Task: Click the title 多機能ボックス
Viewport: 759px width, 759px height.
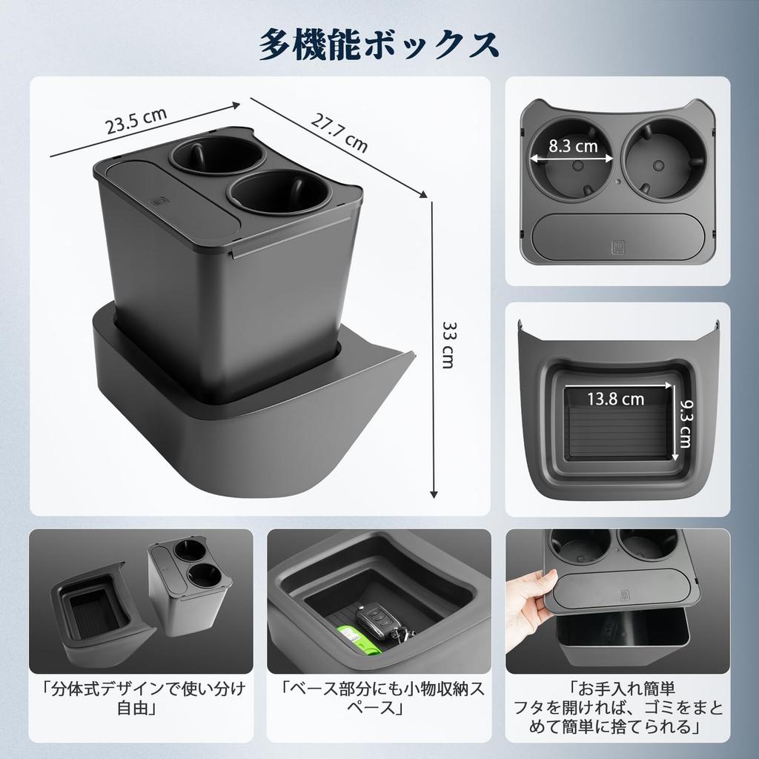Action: [x=379, y=44]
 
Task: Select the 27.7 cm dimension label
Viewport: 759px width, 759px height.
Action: [x=338, y=133]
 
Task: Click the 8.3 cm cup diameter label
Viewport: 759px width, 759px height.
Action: [x=573, y=146]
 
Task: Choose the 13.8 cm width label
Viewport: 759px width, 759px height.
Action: [x=615, y=399]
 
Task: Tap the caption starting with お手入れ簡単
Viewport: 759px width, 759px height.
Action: [x=618, y=707]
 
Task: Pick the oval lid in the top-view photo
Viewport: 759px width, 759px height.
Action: [x=617, y=236]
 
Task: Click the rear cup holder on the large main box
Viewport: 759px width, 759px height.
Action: [x=216, y=156]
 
